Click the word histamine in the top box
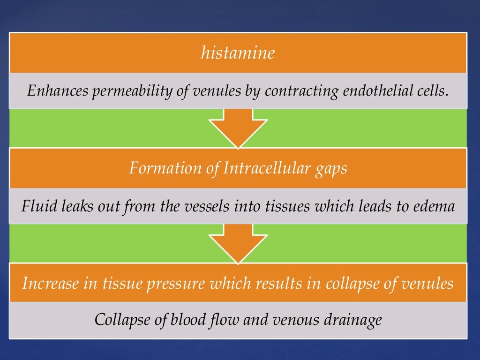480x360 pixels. pyautogui.click(x=238, y=53)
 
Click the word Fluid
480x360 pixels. pyautogui.click(x=37, y=206)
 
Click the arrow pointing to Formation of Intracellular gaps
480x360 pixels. pyautogui.click(x=238, y=128)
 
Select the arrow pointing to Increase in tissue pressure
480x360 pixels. pyautogui.click(x=238, y=244)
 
